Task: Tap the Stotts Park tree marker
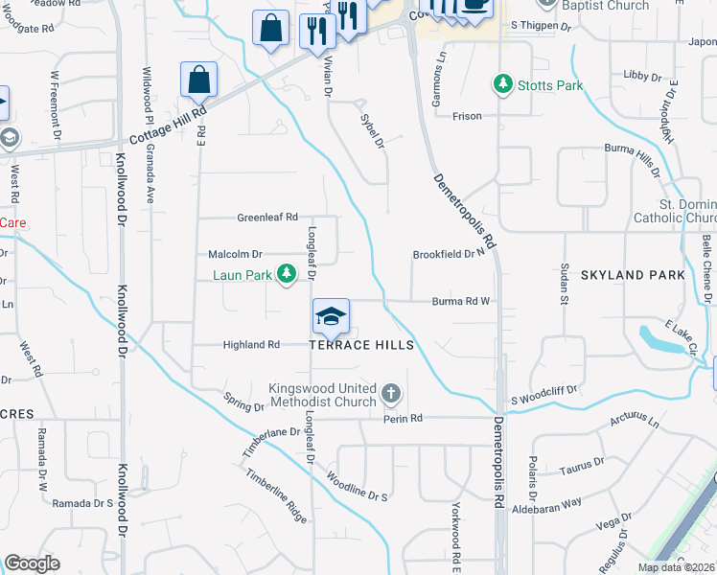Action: [502, 85]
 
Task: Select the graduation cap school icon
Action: [331, 316]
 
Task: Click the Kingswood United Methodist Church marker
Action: [390, 393]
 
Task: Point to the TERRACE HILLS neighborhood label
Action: [361, 345]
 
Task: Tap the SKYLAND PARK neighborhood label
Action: [633, 275]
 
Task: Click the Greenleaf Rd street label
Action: [267, 218]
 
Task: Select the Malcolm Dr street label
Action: [235, 254]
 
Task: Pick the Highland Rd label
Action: [251, 345]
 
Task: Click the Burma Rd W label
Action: [461, 301]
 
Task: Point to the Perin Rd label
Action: [403, 419]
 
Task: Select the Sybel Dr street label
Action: [371, 130]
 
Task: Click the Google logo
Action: [32, 563]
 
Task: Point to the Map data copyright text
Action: [677, 567]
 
